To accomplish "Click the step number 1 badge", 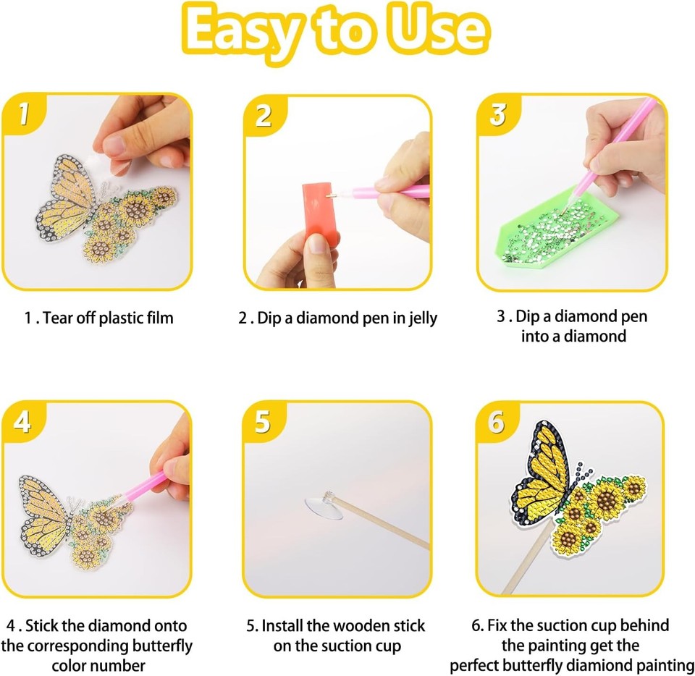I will tap(24, 114).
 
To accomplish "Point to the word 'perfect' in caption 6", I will tap(477, 665).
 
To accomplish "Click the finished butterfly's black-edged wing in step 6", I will tap(539, 470).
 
